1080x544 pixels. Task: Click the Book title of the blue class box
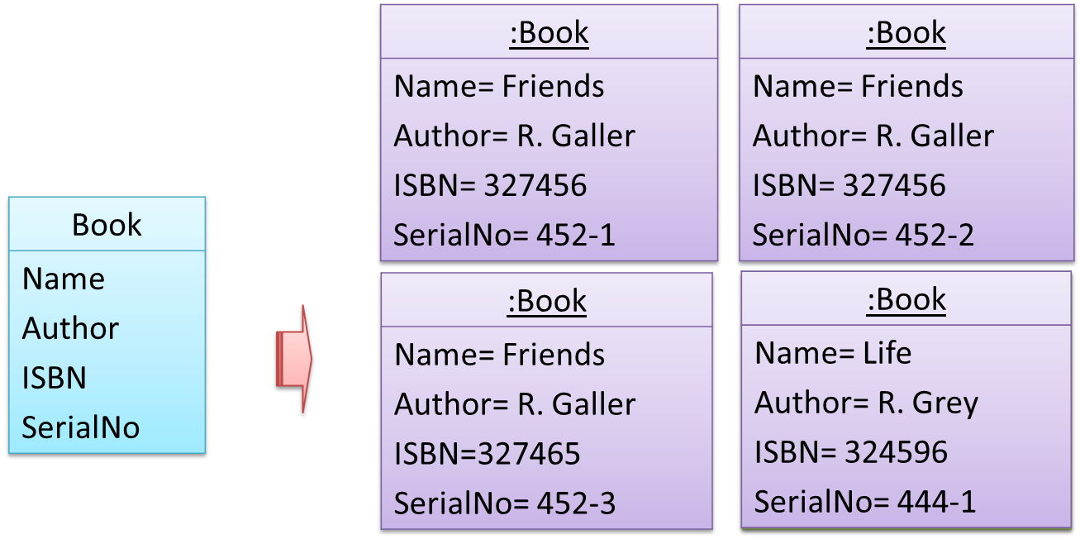click(107, 225)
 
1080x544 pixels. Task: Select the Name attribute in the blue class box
click(64, 279)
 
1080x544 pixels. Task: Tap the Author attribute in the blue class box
click(71, 328)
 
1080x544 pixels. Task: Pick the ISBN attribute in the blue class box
click(55, 378)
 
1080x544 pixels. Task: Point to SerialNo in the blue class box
click(81, 427)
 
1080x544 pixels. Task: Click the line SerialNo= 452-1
click(505, 236)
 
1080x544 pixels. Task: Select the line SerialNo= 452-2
click(864, 236)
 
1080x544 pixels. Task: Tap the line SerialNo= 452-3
click(505, 503)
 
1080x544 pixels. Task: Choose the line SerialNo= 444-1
click(865, 501)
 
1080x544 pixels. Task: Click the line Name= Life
click(833, 353)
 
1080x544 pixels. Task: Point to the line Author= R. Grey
click(866, 403)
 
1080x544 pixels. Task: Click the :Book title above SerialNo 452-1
click(549, 33)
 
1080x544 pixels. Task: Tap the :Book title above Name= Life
click(906, 299)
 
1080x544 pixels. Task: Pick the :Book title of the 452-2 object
click(906, 33)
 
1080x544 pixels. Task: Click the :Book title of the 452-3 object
click(547, 301)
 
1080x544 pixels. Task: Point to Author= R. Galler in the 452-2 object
click(873, 136)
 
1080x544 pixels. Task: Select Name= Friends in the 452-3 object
click(500, 354)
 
